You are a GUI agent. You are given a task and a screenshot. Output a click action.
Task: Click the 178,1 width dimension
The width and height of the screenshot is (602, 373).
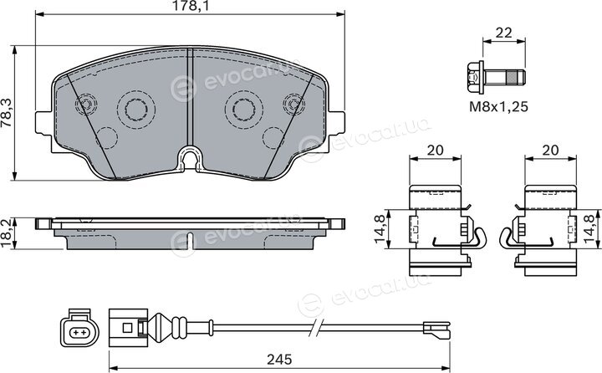tap(190, 7)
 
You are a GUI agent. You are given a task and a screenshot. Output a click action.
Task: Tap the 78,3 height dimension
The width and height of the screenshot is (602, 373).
tap(7, 113)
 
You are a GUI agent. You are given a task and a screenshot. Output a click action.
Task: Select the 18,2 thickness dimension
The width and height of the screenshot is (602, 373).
tap(6, 233)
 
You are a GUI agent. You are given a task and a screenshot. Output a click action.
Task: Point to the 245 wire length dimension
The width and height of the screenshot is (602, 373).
tap(279, 359)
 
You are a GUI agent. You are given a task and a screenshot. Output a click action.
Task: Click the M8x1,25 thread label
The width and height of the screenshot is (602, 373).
tap(498, 106)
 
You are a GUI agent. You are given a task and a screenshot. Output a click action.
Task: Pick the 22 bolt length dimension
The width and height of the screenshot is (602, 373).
tap(503, 33)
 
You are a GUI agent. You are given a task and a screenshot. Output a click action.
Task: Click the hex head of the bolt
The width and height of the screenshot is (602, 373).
tap(475, 78)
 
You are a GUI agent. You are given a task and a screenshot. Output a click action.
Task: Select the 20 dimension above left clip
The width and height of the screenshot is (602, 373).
tap(435, 150)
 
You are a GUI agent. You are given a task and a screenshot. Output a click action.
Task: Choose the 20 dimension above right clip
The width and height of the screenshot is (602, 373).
tap(550, 150)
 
